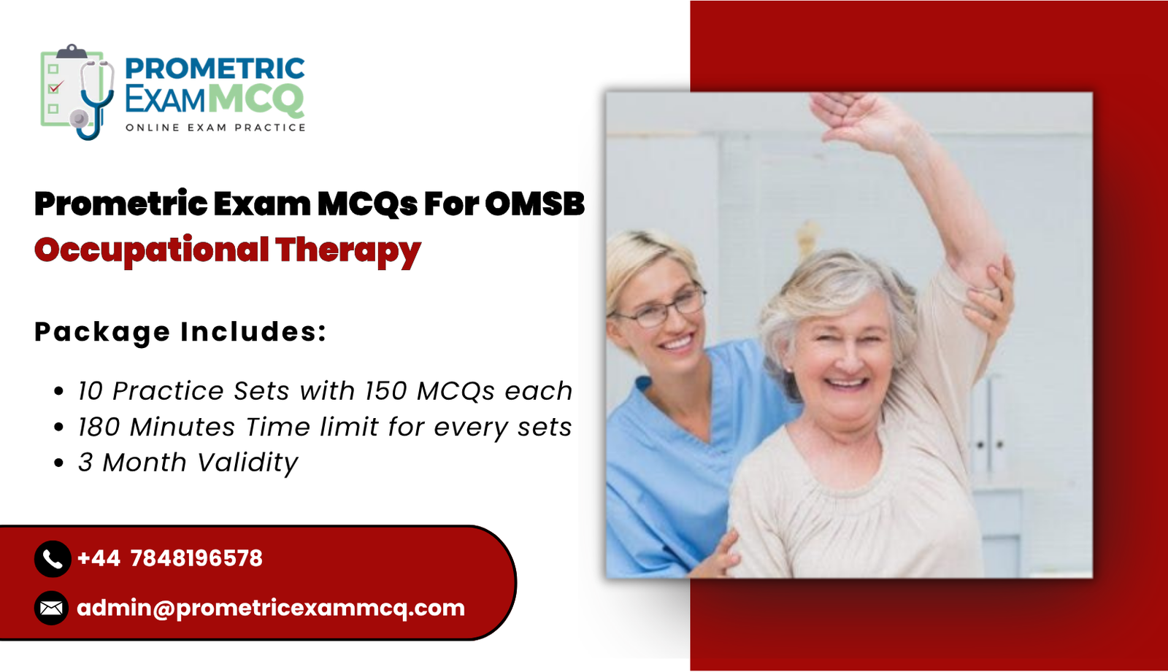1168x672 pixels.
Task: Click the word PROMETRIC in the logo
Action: [215, 69]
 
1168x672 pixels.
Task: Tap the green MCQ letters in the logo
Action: [255, 99]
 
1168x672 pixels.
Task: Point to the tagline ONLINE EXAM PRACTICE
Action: [215, 128]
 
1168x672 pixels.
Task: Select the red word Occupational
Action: [151, 250]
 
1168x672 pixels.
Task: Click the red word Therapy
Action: [348, 250]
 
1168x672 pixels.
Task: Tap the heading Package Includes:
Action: [180, 332]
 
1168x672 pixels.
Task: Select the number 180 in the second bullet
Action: [99, 427]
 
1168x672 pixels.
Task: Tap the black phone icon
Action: [52, 559]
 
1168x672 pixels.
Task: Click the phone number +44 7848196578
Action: [169, 559]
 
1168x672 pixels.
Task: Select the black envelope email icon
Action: [52, 608]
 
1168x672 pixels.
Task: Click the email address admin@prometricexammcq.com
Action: [270, 608]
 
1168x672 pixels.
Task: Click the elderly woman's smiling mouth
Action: [846, 382]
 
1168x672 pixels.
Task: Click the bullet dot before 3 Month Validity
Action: [59, 463]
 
